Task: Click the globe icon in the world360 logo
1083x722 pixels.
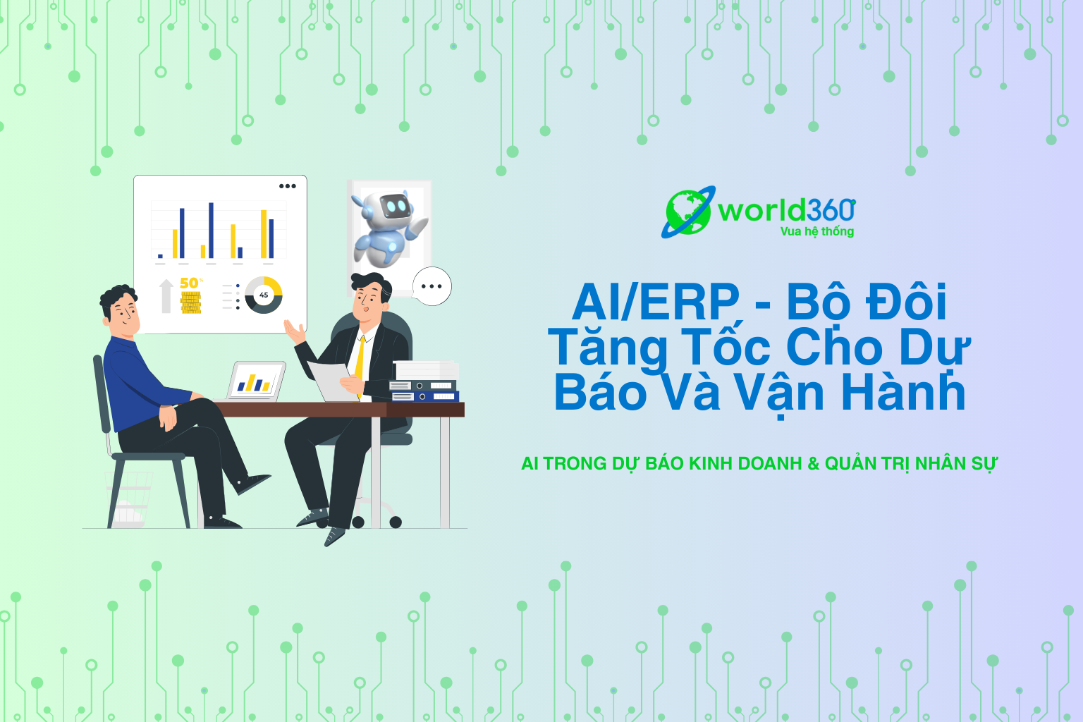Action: pos(688,212)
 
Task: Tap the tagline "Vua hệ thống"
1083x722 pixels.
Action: pos(817,232)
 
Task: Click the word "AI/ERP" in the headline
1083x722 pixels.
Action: pos(656,302)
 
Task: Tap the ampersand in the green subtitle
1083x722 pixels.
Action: pos(813,464)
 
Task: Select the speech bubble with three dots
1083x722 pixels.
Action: pos(432,286)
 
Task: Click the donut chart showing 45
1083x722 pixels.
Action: pos(264,295)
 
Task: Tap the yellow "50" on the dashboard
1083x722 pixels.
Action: pos(189,283)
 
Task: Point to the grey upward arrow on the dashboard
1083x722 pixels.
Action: pos(166,296)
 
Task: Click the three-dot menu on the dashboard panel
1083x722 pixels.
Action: pos(287,186)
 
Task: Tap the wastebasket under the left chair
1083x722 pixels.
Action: pos(128,500)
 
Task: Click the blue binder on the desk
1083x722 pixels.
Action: pos(424,396)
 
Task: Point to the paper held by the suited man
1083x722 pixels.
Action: pos(333,381)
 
